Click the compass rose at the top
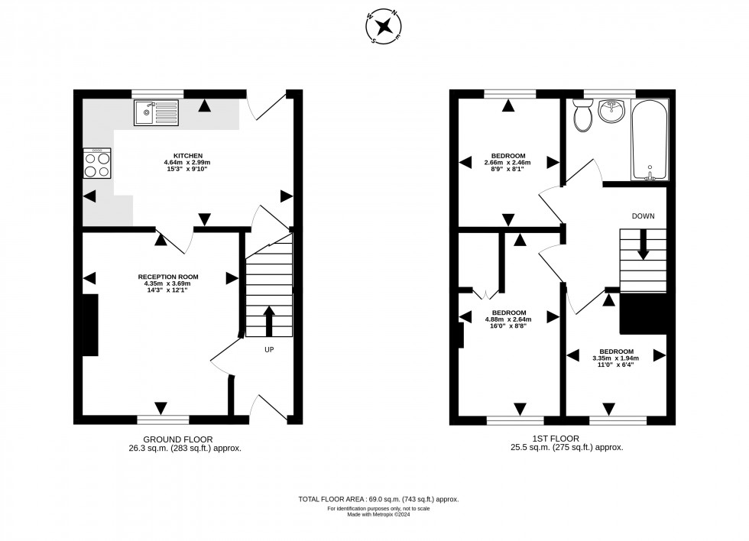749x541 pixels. coord(385,26)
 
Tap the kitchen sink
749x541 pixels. coord(156,113)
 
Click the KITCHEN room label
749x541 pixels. coord(187,155)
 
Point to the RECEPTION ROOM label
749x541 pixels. coord(168,277)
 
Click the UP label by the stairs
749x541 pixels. coord(269,350)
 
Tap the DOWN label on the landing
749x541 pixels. coord(643,216)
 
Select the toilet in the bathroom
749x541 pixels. coord(583,116)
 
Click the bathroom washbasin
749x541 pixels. coord(611,112)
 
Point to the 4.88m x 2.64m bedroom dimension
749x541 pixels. coord(509,319)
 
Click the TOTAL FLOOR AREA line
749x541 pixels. coord(378,499)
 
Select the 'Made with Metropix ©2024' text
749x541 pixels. coord(378,514)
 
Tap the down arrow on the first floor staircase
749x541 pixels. coord(643,248)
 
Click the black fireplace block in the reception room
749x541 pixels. coord(90,325)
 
